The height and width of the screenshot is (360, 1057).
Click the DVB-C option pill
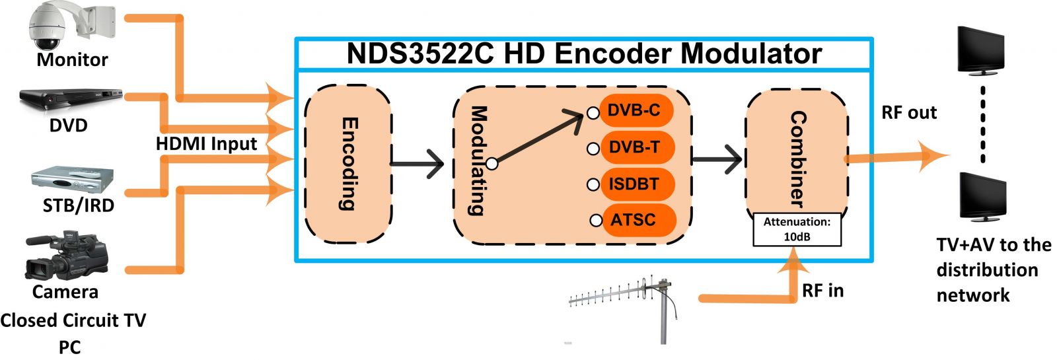634,110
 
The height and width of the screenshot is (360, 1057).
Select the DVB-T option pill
634,147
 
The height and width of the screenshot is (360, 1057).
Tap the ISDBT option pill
634,184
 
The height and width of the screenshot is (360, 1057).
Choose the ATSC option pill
634,220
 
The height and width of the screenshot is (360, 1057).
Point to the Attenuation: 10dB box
797,229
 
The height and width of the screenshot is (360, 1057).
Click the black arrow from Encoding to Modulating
417,164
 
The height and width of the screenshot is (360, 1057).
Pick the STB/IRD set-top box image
73,180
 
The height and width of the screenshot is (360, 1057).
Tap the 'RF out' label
908,113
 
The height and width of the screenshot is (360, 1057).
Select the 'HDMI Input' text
206,144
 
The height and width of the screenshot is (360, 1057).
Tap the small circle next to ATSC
596,221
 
